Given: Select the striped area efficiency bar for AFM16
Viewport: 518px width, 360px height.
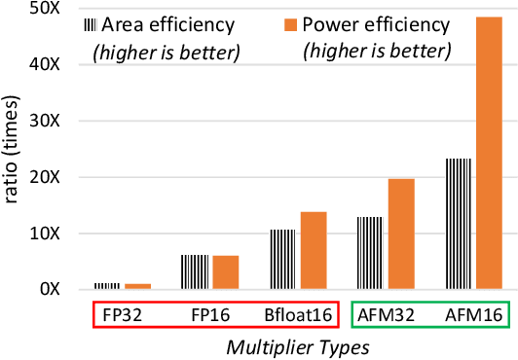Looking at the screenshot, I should tap(457, 224).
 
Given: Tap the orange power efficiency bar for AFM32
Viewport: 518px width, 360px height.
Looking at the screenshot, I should tap(401, 234).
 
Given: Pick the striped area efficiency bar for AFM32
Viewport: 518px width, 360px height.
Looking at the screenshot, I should tap(370, 253).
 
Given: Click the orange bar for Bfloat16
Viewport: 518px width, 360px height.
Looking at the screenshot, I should tap(314, 250).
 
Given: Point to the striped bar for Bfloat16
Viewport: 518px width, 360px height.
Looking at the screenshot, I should tap(281, 259).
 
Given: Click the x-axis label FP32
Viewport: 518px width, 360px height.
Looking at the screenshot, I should tap(122, 315).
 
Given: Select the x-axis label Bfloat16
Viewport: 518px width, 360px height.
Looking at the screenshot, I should tap(298, 315).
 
